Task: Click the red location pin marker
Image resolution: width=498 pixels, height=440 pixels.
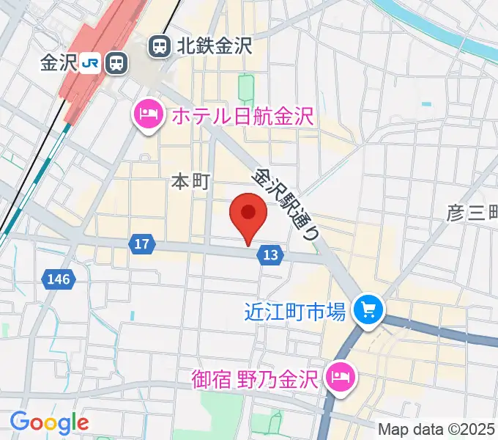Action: pos(248,215)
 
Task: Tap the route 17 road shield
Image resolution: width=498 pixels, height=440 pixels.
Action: pos(143,243)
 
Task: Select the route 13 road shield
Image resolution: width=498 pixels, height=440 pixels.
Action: pos(270,254)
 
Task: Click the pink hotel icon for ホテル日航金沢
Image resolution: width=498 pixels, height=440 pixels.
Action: pos(149,115)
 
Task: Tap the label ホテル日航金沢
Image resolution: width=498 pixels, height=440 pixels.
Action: pos(242,115)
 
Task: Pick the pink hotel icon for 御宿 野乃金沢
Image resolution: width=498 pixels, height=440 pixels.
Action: pos(341,378)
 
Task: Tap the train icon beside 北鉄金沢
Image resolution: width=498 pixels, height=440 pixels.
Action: pos(158,47)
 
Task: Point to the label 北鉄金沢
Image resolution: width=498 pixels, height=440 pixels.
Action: pos(214,47)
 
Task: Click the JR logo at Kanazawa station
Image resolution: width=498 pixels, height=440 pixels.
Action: pos(91,63)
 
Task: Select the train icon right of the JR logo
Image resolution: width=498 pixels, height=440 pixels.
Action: pos(115,63)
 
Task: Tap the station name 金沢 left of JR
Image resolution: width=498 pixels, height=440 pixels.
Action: pos(59,63)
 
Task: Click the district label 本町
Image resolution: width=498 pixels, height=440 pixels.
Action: pos(190,181)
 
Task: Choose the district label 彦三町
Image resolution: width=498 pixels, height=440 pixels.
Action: pos(472,213)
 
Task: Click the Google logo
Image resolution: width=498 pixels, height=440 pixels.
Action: pos(49,422)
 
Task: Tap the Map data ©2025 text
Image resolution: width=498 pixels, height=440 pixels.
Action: pos(436,429)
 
